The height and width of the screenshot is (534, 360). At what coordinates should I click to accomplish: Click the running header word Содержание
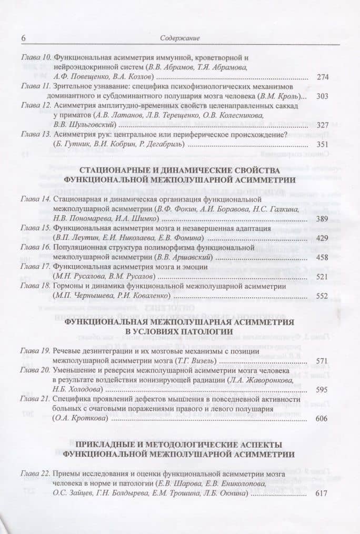[x=179, y=38]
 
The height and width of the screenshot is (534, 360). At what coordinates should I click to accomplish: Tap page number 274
[x=323, y=77]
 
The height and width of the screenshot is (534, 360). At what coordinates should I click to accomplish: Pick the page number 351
[x=323, y=145]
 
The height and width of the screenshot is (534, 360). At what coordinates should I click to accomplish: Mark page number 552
[x=323, y=296]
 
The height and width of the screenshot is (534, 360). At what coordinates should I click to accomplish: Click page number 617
[x=323, y=493]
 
